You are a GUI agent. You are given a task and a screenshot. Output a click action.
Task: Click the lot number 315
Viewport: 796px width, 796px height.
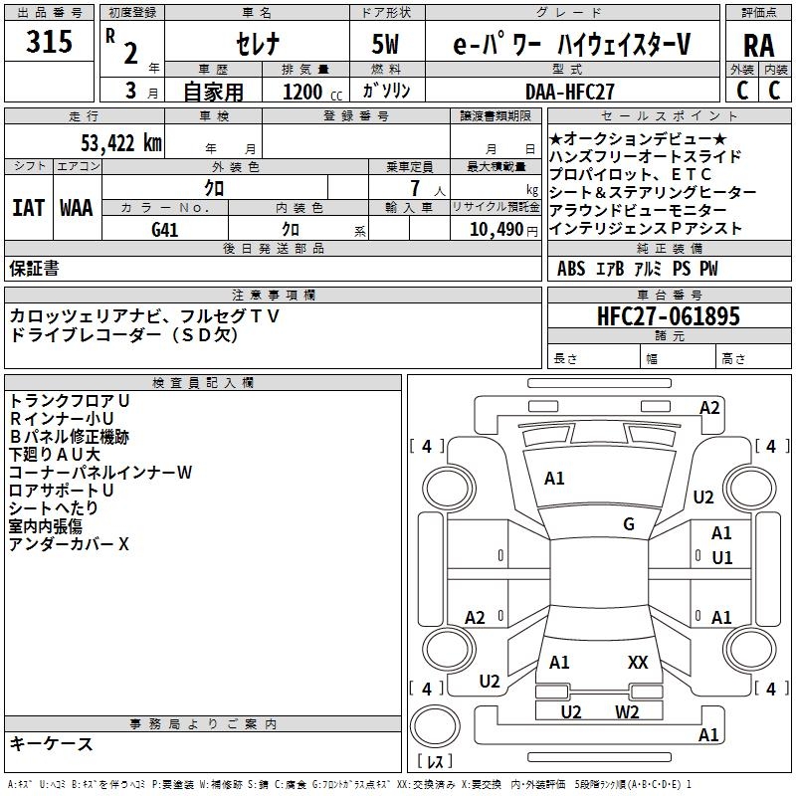[x=49, y=43]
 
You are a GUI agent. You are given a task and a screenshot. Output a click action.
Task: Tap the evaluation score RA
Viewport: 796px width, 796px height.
[x=758, y=46]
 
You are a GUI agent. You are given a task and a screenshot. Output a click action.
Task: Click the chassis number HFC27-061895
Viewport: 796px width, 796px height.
[x=669, y=316]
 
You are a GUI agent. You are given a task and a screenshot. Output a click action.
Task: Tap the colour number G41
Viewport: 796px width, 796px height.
[x=164, y=228]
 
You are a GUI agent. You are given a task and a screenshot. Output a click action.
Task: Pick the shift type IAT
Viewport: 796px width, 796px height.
[x=29, y=208]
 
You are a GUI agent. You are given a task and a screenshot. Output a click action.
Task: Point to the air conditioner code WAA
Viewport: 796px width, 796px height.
[x=77, y=208]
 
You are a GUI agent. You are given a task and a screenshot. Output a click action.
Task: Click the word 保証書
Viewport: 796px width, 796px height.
[x=34, y=269]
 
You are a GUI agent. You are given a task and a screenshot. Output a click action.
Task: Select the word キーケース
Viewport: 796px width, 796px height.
[x=51, y=743]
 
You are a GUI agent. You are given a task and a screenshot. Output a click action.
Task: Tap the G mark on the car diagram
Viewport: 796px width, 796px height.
[x=629, y=524]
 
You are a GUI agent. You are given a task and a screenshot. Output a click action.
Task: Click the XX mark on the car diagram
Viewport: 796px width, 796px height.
[x=638, y=662]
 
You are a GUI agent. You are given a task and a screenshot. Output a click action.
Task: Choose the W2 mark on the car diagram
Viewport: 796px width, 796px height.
[x=627, y=711]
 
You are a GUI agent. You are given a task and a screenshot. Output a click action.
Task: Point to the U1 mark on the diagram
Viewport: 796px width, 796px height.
[x=722, y=558]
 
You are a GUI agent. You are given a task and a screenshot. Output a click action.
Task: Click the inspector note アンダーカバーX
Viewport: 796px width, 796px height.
[x=70, y=544]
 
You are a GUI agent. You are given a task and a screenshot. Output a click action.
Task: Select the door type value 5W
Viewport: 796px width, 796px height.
[x=388, y=45]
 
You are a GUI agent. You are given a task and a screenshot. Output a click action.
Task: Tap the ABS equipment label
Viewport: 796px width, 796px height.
[x=571, y=269]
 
